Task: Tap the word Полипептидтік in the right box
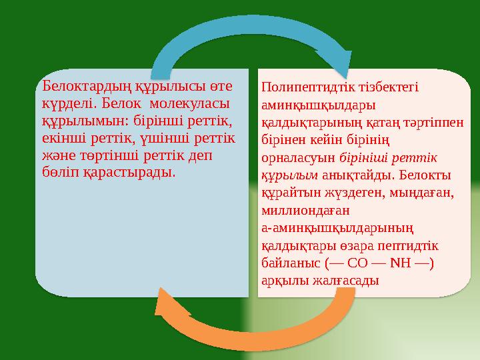coord(303,88)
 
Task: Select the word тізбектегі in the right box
coord(387,88)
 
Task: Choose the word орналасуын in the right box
coord(299,158)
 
